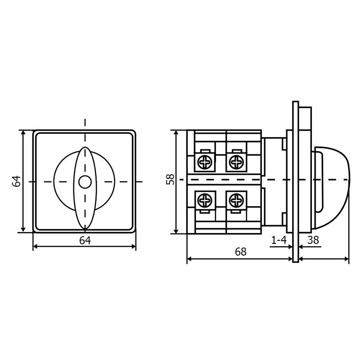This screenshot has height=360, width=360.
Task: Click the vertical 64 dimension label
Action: click(17, 182)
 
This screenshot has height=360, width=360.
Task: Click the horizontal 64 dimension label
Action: click(85, 241)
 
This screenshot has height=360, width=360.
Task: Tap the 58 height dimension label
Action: click(171, 179)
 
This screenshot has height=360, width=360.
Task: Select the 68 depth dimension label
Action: click(241, 252)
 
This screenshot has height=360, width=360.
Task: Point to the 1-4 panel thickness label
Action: click(279, 240)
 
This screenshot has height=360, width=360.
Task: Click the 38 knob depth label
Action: click(313, 240)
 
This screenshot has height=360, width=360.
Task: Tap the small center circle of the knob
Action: click(85, 182)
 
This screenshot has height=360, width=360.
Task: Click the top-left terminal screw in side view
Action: click(205, 162)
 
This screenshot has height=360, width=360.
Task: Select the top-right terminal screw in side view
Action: click(236, 162)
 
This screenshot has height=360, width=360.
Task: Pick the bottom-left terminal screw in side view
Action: click(205, 200)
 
